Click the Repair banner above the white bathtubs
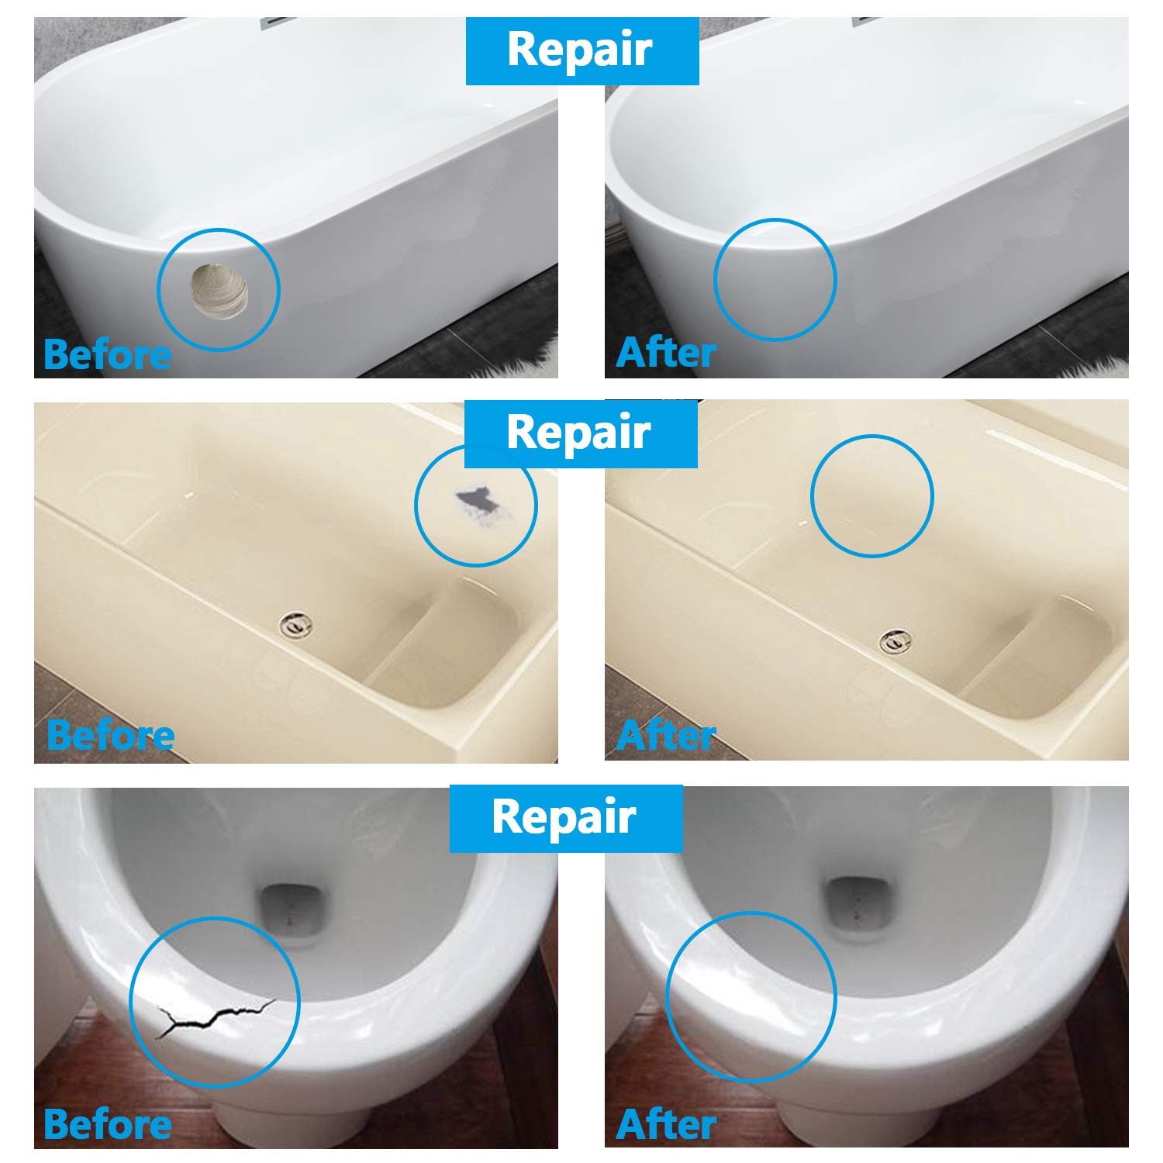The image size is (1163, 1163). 581,50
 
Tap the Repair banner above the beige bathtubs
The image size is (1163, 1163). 580,433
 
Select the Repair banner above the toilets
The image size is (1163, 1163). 565,817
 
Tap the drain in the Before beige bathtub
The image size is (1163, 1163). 297,623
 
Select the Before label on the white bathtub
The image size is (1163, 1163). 107,355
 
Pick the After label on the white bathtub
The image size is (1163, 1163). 665,353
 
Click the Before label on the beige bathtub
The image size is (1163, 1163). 110,735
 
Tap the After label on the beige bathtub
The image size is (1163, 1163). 665,735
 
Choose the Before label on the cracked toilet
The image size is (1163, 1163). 107,1124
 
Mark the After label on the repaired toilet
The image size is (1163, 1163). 665,1124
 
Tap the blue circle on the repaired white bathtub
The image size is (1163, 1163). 775,219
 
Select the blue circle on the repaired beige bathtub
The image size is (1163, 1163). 872,436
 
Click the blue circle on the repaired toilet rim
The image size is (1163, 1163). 751,913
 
